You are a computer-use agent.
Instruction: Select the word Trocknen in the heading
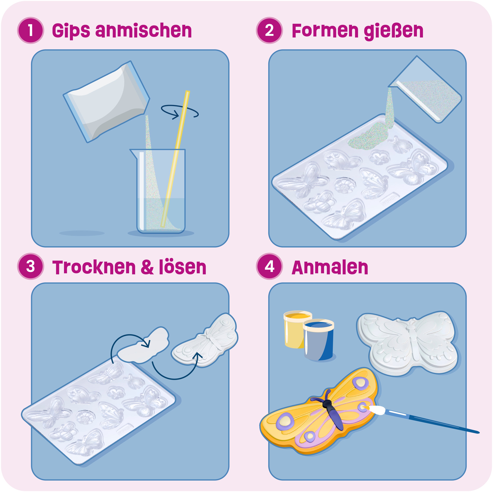[94, 268]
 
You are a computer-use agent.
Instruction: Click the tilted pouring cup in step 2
[425, 89]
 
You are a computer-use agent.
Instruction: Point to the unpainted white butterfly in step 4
[408, 343]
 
